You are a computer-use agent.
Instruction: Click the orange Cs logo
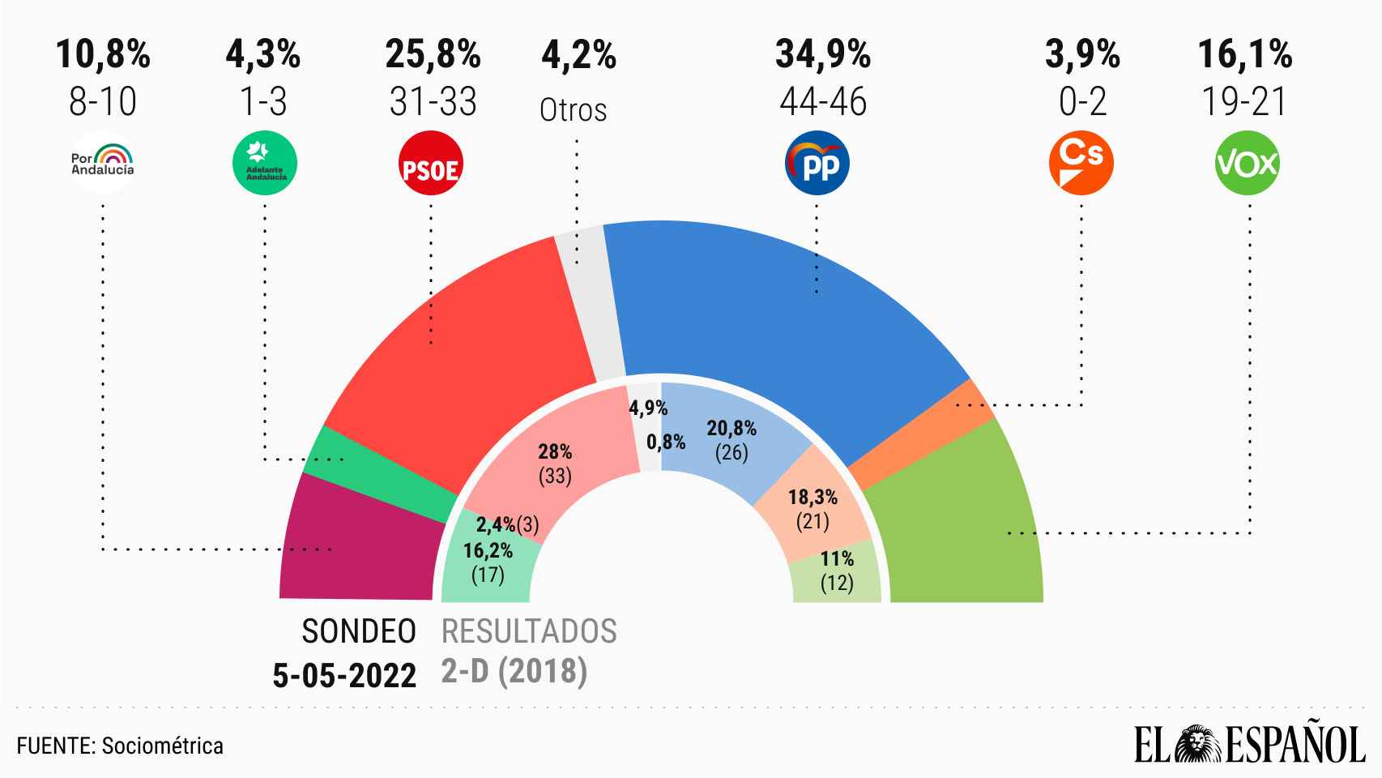(1081, 163)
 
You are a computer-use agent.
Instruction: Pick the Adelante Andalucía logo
(265, 164)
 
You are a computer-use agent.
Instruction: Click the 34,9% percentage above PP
(822, 55)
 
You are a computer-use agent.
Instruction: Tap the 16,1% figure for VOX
(1244, 55)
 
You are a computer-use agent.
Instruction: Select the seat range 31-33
(433, 103)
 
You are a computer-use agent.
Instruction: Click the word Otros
(573, 110)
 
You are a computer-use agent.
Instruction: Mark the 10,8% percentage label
(103, 55)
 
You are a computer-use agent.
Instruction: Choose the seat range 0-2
(1082, 103)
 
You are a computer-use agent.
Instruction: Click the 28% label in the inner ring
(556, 451)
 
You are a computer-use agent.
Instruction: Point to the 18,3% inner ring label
(813, 497)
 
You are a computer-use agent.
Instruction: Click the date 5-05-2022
(344, 675)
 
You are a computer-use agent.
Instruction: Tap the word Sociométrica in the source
(162, 746)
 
